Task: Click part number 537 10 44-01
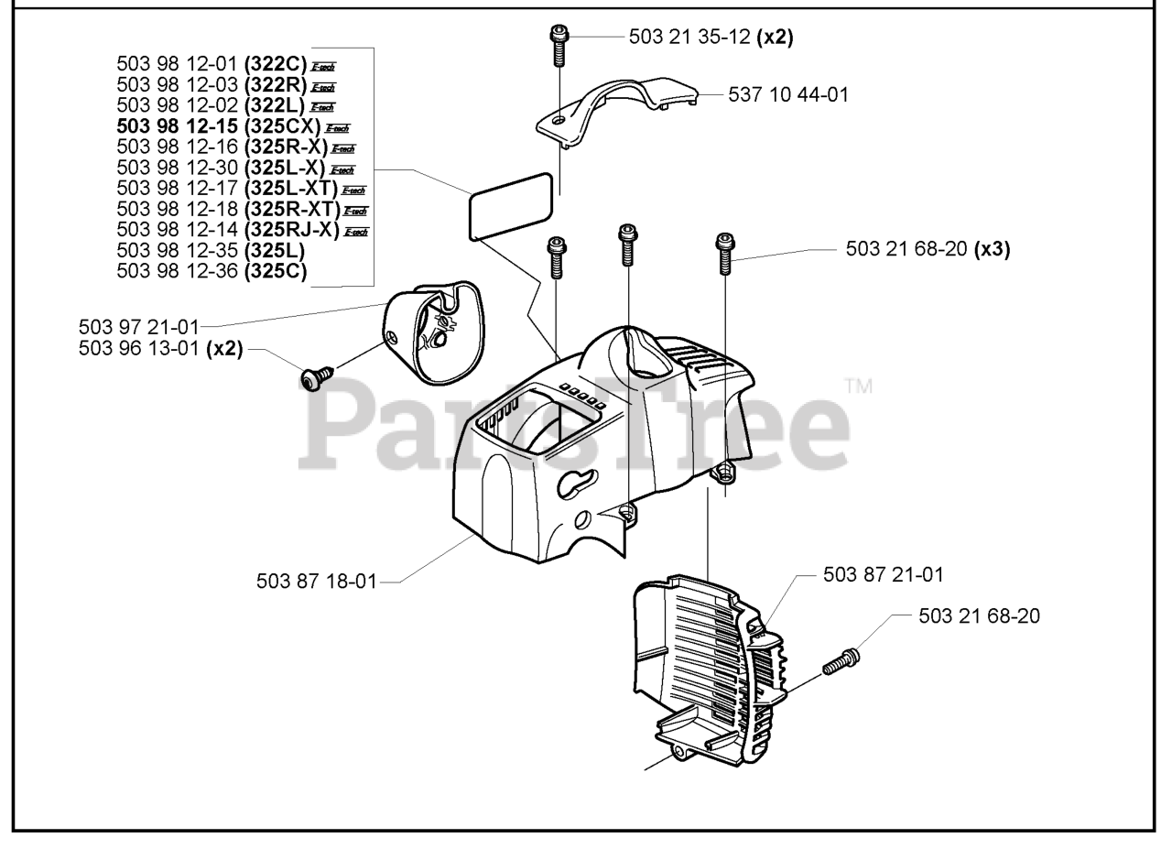pyautogui.click(x=787, y=94)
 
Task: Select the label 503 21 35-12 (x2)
pyautogui.click(x=711, y=37)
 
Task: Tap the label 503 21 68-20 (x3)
pyautogui.click(x=928, y=249)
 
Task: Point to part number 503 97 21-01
pyautogui.click(x=138, y=327)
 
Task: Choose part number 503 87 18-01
pyautogui.click(x=316, y=582)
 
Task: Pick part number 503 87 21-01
pyautogui.click(x=883, y=575)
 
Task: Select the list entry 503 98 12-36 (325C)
pyautogui.click(x=212, y=270)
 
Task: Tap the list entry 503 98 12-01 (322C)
pyautogui.click(x=212, y=64)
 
